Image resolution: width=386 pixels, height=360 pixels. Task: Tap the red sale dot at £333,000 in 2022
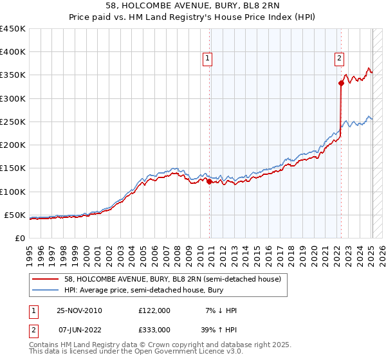341,83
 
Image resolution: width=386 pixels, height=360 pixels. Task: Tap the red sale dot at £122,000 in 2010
210,181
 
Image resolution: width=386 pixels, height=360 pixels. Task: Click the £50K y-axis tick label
15,215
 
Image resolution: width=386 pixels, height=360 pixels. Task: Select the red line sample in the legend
46,280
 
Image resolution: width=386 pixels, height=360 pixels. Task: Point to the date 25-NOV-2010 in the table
80,310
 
